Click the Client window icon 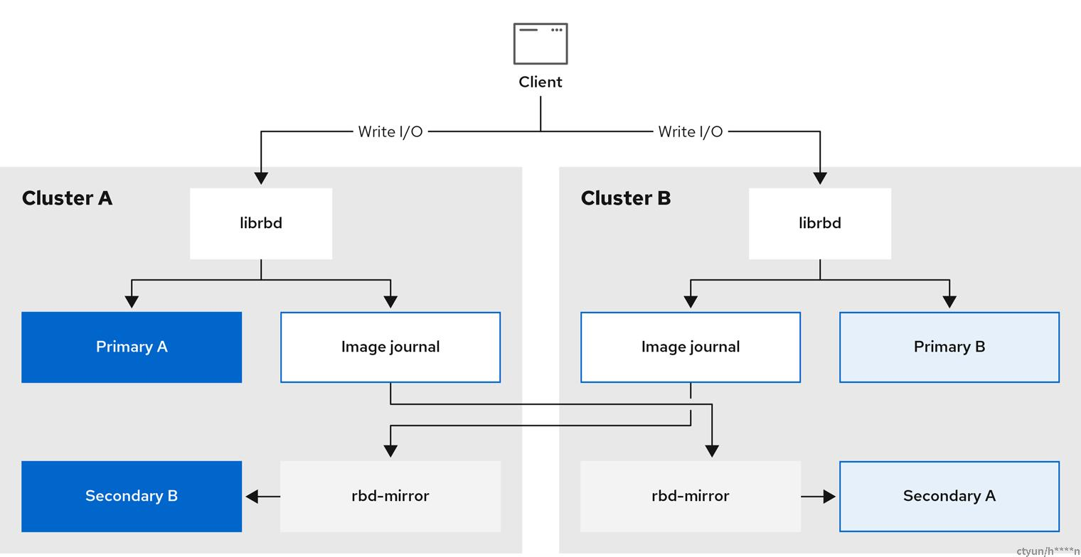(x=540, y=43)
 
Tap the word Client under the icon (x=540, y=82)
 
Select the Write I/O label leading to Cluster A (x=390, y=131)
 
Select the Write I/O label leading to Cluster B (x=691, y=131)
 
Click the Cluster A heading (x=67, y=198)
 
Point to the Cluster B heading (x=626, y=198)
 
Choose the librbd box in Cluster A (x=261, y=224)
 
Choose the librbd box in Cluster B (x=820, y=224)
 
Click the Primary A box (x=132, y=347)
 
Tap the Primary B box (x=949, y=347)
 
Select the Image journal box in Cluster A (x=390, y=347)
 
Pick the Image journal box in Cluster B (x=691, y=347)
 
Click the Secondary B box (x=132, y=497)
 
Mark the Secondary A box (x=949, y=497)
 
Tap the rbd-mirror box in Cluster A (x=390, y=497)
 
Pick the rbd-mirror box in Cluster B (x=691, y=497)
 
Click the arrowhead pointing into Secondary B (x=252, y=497)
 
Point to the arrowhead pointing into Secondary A (x=829, y=497)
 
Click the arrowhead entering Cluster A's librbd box (x=261, y=178)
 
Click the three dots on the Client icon (x=556, y=30)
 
